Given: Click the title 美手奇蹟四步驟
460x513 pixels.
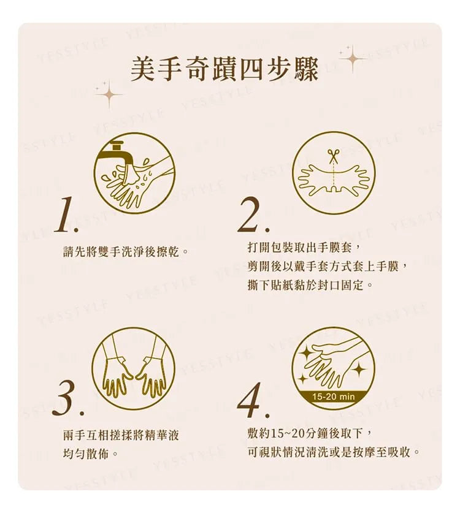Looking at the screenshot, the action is pos(224,70).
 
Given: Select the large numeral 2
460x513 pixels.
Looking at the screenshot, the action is pos(253,215).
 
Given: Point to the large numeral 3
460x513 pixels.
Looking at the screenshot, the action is pos(67,398).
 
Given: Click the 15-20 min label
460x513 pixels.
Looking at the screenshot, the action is pos(333,397).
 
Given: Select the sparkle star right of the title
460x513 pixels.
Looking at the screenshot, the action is pos(352,59).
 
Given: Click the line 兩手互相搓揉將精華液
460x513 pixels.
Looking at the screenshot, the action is pos(121,435).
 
